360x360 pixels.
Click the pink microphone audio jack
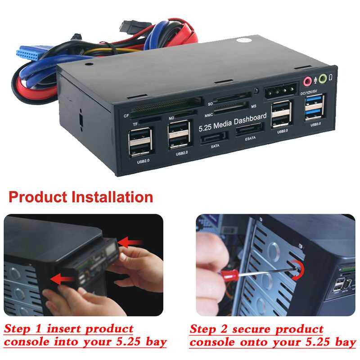308,81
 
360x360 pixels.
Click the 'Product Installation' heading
81,197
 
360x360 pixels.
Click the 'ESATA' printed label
250,139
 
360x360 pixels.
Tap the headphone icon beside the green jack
331,77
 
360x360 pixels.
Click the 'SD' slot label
210,104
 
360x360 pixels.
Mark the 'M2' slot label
171,118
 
